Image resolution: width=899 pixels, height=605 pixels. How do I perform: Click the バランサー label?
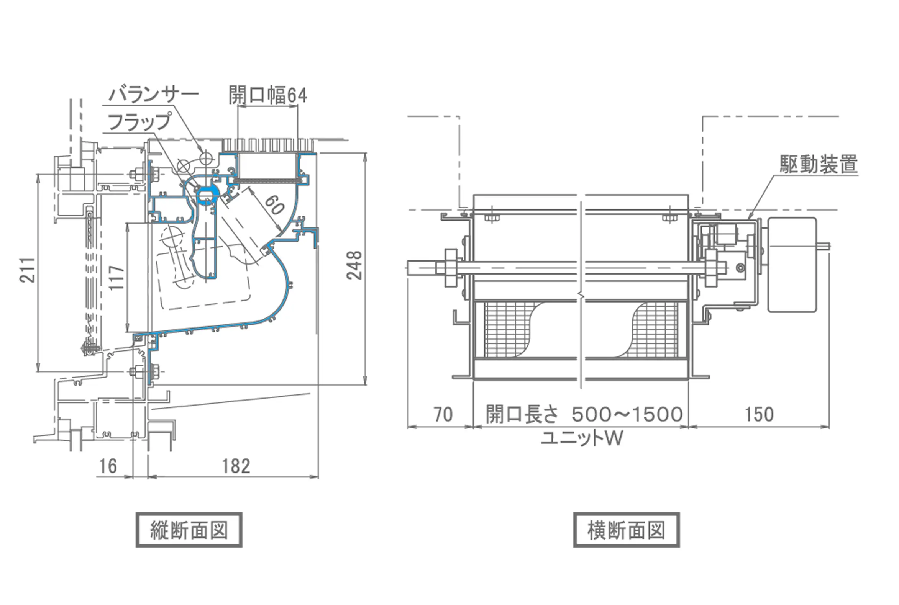153,94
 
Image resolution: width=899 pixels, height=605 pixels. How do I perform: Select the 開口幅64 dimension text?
267,95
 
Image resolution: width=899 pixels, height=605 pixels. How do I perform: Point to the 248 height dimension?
354,265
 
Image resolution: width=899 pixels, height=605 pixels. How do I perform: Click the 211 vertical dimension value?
28,270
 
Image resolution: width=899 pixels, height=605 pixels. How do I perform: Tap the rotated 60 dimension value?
274,205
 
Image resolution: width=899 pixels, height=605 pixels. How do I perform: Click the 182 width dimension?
236,466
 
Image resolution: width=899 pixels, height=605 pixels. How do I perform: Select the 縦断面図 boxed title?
189,530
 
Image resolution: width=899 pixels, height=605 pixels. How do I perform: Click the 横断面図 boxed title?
626,530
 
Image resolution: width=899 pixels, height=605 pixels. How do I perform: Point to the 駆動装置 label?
819,164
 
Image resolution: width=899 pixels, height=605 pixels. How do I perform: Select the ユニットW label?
582,438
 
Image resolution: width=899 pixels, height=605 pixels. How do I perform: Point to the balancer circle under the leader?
207,156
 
